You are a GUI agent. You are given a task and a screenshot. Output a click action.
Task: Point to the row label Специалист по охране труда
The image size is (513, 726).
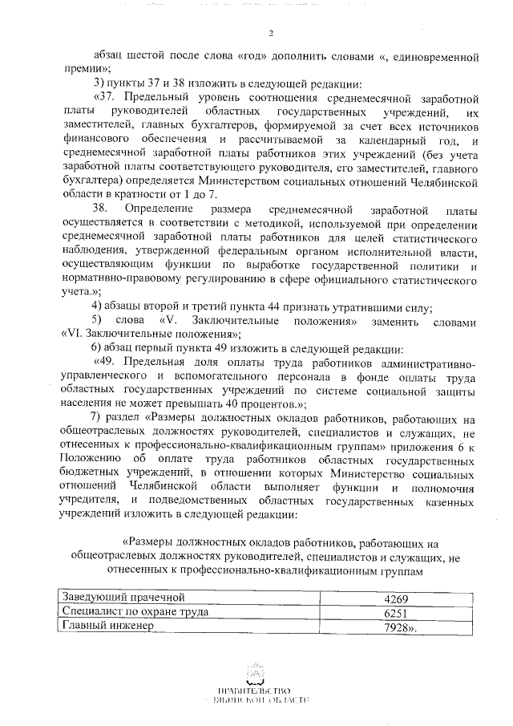pos(135,612)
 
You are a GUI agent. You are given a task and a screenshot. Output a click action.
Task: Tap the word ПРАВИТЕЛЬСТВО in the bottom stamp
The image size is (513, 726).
pos(257,691)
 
